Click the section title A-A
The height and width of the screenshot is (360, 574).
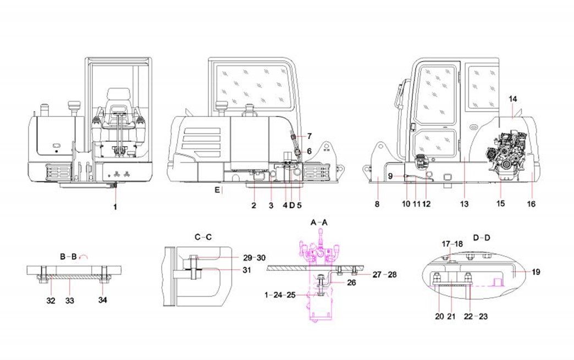[x=319, y=222]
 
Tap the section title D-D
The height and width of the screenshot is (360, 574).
[x=482, y=237]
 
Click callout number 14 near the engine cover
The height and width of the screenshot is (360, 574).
[x=512, y=99]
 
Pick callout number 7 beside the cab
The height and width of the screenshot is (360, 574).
[x=309, y=135]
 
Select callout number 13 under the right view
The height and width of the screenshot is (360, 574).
[x=464, y=204]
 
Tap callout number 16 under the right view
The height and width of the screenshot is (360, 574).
[x=531, y=204]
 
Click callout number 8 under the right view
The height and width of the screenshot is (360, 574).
[x=377, y=204]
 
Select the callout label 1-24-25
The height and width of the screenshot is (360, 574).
[x=280, y=295]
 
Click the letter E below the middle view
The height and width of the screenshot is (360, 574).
[x=218, y=190]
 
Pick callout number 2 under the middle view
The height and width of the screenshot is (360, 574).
[x=254, y=206]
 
